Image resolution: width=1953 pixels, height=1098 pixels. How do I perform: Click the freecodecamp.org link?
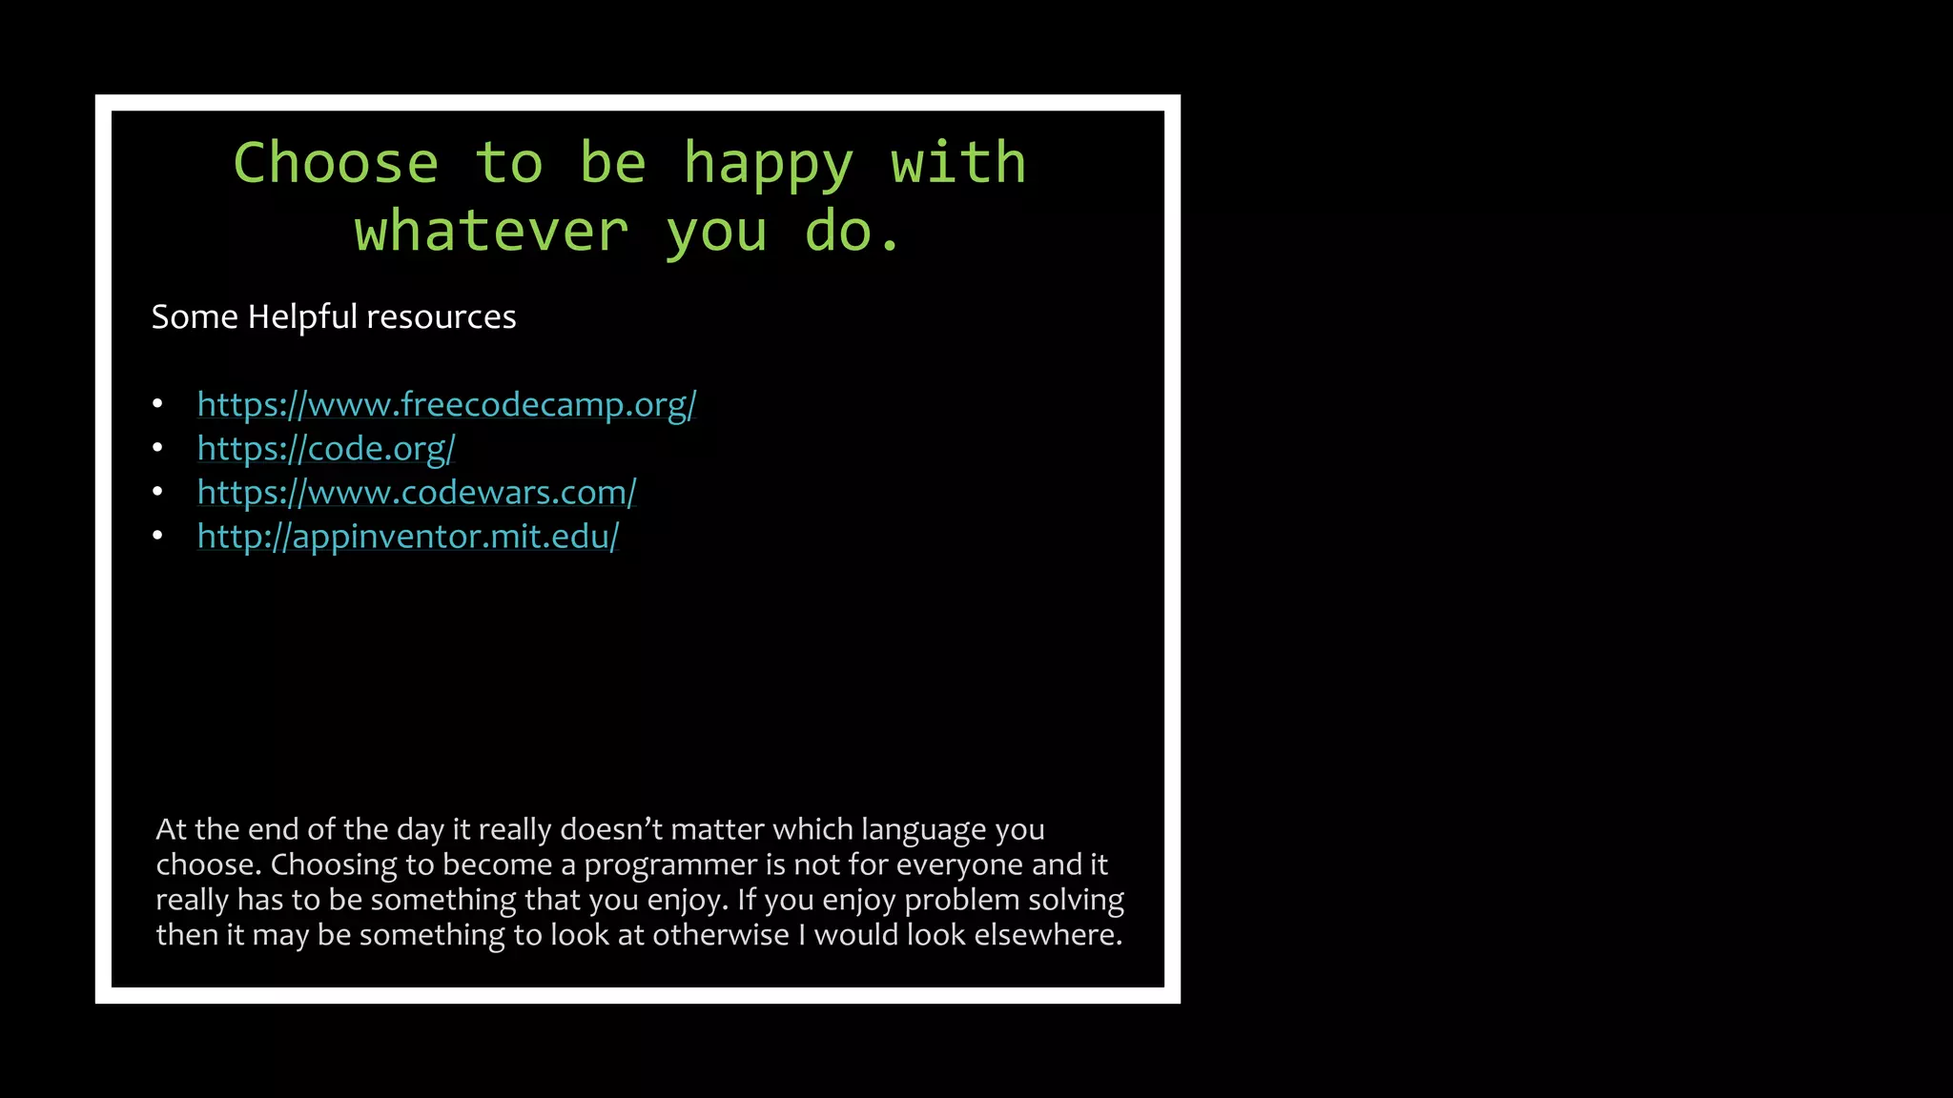click(446, 405)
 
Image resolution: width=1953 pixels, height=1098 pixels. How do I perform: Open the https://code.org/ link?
click(326, 449)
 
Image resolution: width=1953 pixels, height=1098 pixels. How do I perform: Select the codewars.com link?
click(417, 493)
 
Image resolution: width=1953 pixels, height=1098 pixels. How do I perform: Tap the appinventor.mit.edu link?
click(408, 537)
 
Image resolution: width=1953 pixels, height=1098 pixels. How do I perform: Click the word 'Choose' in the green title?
click(336, 163)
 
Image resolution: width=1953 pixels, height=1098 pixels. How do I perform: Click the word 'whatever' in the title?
click(491, 232)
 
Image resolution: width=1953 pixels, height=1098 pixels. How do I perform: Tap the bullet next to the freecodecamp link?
click(157, 404)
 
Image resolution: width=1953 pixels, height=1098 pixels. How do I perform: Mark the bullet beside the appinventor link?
click(157, 536)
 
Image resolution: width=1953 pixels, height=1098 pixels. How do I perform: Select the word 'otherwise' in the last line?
click(721, 935)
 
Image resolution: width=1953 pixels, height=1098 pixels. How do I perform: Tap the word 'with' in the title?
click(958, 163)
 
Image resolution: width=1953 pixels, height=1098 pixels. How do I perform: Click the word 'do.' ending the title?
click(853, 232)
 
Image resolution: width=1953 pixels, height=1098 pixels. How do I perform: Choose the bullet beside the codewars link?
click(157, 492)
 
